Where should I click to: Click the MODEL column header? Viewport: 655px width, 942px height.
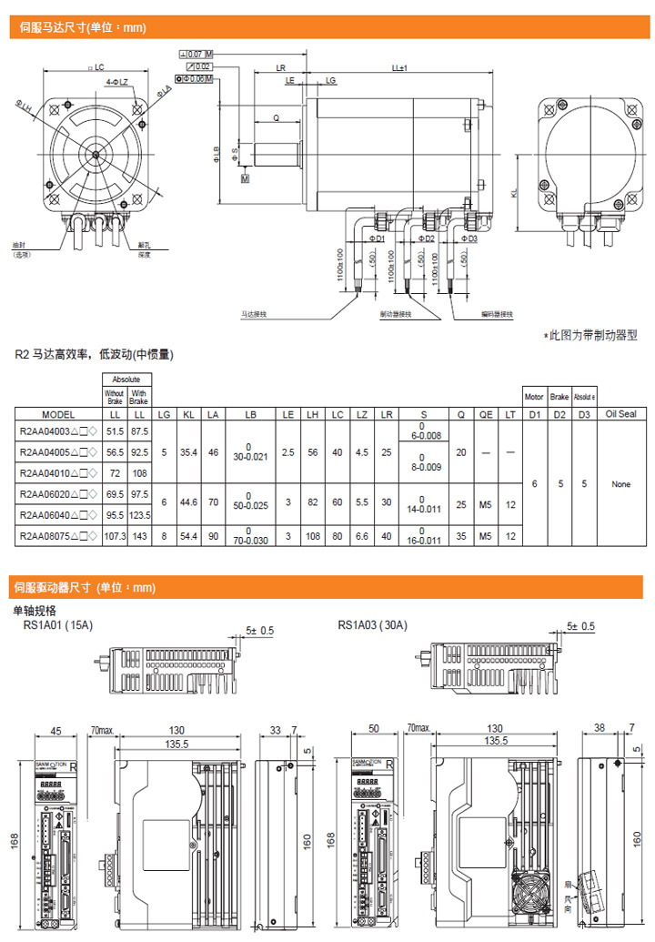[x=58, y=414]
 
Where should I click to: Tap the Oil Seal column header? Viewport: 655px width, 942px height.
[x=620, y=414]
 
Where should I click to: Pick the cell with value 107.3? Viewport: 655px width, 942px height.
[x=115, y=537]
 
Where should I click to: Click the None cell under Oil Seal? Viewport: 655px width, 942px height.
[x=620, y=484]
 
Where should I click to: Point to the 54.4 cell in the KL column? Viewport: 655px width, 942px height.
[x=189, y=537]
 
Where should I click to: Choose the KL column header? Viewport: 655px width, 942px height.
[x=189, y=414]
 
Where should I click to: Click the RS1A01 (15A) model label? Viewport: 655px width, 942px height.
[x=58, y=625]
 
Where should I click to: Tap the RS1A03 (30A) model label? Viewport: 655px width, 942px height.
[x=373, y=625]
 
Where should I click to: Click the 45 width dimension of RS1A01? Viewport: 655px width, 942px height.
[x=55, y=730]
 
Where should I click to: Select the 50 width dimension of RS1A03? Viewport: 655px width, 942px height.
[x=374, y=730]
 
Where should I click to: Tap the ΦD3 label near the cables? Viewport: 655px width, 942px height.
[x=467, y=238]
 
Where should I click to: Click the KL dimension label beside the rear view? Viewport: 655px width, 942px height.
[x=515, y=194]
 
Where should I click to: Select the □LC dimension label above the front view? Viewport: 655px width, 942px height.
[x=96, y=67]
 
